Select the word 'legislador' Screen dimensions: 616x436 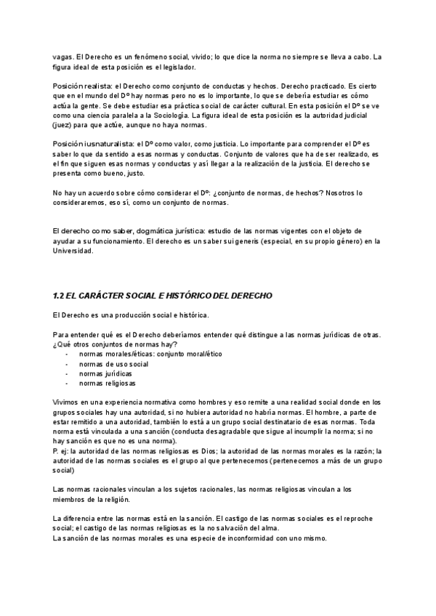pos(176,67)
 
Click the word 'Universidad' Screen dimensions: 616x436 pos(73,250)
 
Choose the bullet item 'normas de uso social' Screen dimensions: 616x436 pos(113,363)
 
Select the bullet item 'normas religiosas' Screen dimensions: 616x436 pos(108,383)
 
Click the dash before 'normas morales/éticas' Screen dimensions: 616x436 pos(67,354)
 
